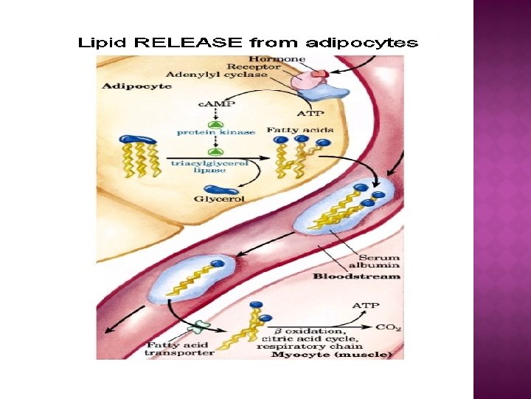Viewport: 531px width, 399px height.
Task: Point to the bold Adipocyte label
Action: (x=136, y=86)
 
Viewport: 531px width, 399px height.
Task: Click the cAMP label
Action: (x=215, y=104)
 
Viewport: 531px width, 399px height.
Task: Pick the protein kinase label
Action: (x=216, y=132)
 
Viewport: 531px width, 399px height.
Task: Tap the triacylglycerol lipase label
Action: (x=209, y=166)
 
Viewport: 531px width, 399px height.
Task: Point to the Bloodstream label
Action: (x=357, y=276)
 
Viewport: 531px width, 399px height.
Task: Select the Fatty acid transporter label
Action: (x=179, y=349)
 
